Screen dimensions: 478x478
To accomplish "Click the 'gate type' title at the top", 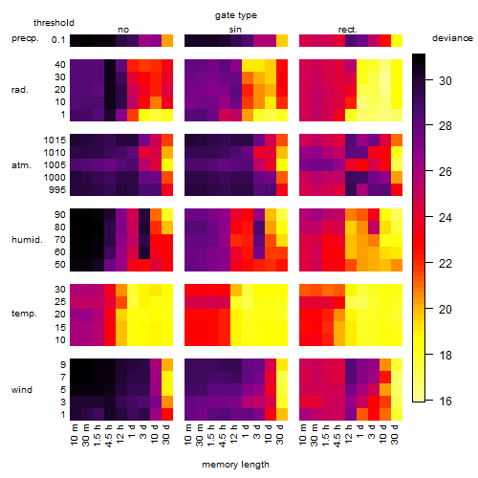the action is pos(236,15).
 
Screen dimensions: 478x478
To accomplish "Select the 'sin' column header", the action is pos(235,30).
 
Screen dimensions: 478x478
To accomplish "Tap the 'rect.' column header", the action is pos(347,30).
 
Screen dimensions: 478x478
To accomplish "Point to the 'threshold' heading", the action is pos(54,23).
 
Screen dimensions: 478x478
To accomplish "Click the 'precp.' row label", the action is pos(25,38).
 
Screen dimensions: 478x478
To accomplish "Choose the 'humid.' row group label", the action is pos(27,239).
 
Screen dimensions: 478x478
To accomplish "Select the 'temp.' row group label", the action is pos(24,314).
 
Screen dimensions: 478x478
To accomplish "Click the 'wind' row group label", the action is pos(22,389).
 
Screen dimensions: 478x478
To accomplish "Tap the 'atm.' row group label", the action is pos(21,165).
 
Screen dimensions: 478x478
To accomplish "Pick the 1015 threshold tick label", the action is pos(54,140).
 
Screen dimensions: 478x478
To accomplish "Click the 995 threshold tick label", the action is pos(57,189).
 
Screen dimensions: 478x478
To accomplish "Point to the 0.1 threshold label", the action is pos(58,40).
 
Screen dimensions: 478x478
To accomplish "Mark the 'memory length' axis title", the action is pos(235,465).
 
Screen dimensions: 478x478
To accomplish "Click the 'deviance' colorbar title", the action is pos(452,38).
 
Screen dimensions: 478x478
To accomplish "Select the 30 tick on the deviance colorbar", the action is pos(445,81).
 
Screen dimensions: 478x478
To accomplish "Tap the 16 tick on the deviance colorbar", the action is pos(445,401).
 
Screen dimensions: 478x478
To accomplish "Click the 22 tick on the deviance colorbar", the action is pos(445,264).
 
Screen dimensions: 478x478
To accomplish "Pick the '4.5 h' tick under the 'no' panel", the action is pos(109,436).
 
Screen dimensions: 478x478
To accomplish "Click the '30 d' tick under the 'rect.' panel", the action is pos(395,434).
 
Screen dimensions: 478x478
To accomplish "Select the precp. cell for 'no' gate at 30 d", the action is pos(167,40).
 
